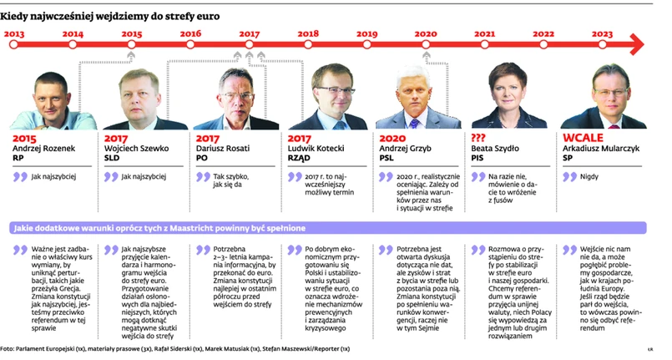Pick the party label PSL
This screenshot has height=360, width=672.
pos(388,159)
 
